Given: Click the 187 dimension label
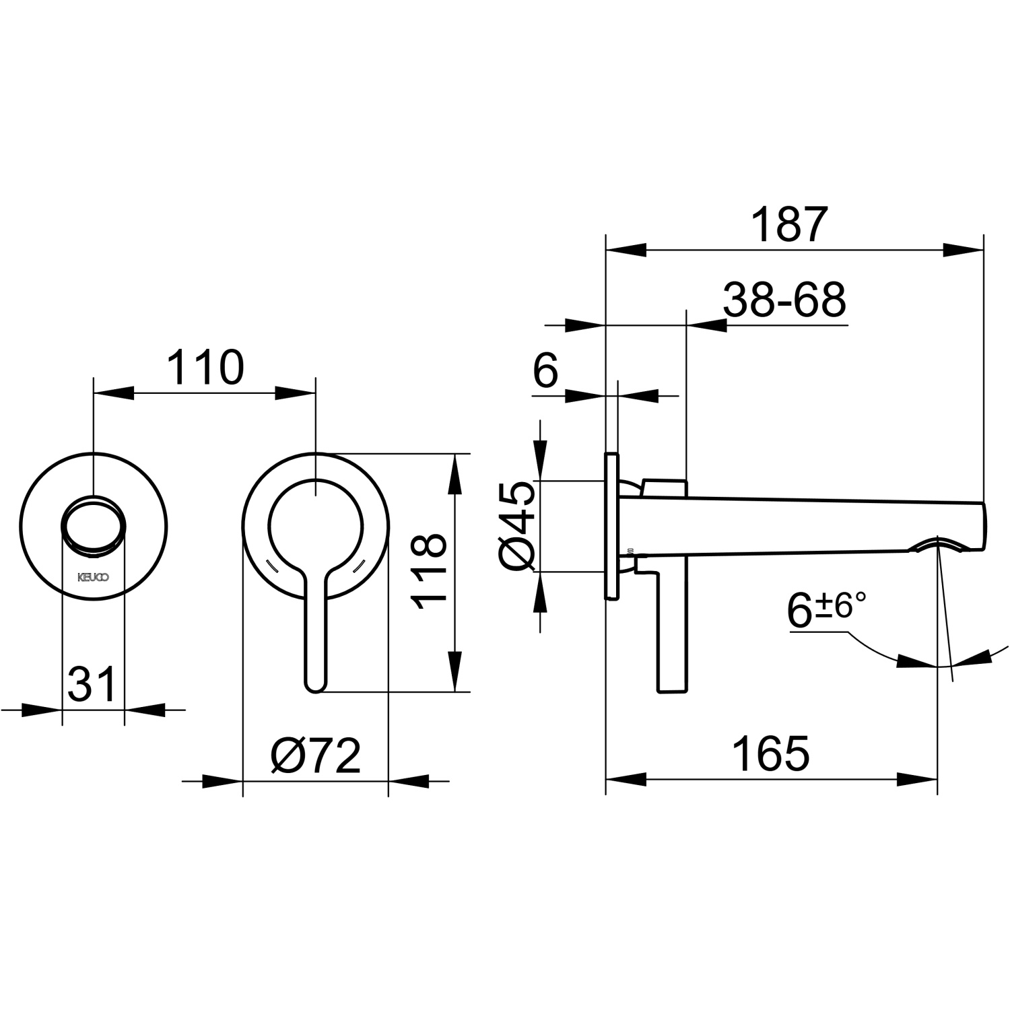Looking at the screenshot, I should pyautogui.click(x=788, y=225).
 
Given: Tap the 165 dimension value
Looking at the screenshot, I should pyautogui.click(x=772, y=753).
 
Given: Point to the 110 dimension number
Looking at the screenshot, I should pyautogui.click(x=205, y=368).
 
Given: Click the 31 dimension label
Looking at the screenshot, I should pyautogui.click(x=93, y=684).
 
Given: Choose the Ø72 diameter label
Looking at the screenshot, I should pyautogui.click(x=316, y=756).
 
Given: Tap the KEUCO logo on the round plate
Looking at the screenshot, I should pyautogui.click(x=93, y=577).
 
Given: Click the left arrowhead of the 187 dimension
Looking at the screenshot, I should pyautogui.click(x=626, y=250).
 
